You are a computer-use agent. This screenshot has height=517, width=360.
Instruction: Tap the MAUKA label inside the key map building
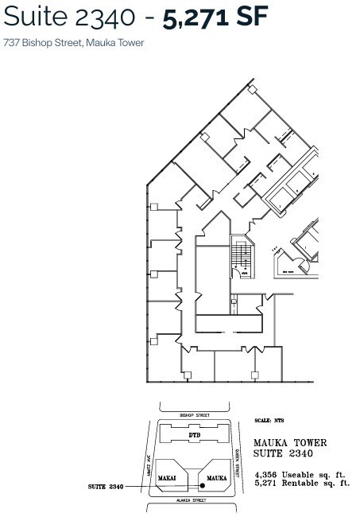217,477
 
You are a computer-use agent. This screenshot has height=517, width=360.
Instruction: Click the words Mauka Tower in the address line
119,43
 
